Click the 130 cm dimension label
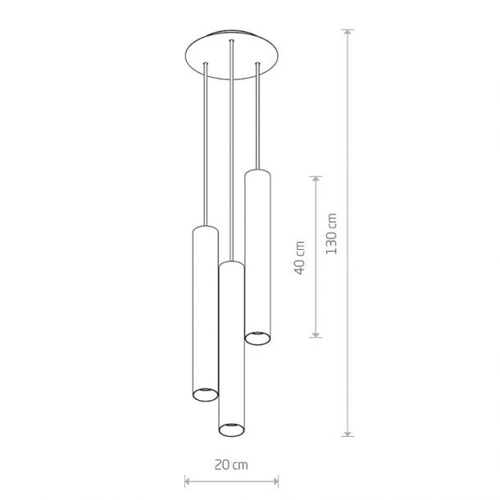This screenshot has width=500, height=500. pyautogui.click(x=331, y=234)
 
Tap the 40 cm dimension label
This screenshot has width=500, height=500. pyautogui.click(x=299, y=258)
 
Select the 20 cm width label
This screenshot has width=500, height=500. pyautogui.click(x=231, y=465)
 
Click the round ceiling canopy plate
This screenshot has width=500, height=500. pyautogui.click(x=232, y=54)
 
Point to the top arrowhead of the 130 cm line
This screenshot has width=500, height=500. pyautogui.click(x=348, y=33)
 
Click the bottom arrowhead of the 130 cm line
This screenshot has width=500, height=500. pyautogui.click(x=348, y=433)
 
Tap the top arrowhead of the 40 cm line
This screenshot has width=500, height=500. pyautogui.click(x=316, y=180)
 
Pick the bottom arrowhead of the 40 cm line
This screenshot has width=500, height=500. pyautogui.click(x=316, y=334)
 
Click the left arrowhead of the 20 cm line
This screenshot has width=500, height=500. pyautogui.click(x=189, y=481)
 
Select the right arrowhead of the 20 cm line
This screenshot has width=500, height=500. pyautogui.click(x=275, y=481)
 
